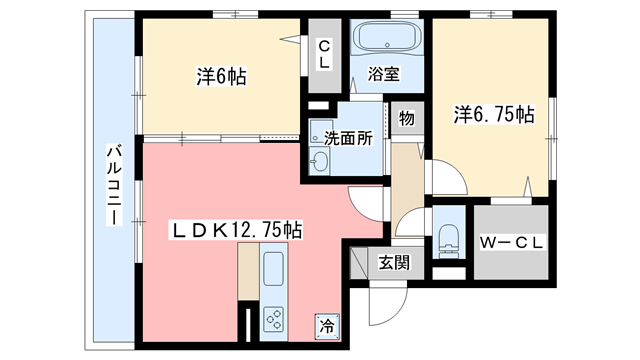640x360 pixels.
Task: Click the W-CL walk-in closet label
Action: (x=511, y=243)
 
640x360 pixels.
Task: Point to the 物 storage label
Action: (x=406, y=118)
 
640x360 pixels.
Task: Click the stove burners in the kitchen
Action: (x=276, y=317)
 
